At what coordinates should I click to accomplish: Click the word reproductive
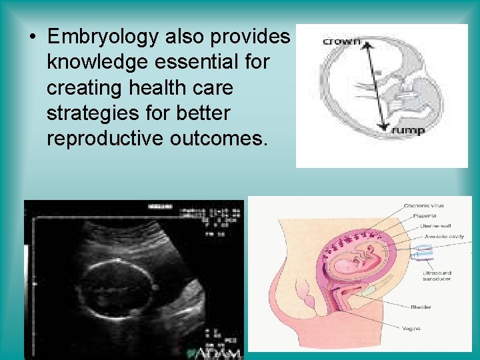[x=103, y=139]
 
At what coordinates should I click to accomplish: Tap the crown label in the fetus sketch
[x=341, y=42]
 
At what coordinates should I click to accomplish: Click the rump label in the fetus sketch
[x=407, y=131]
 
